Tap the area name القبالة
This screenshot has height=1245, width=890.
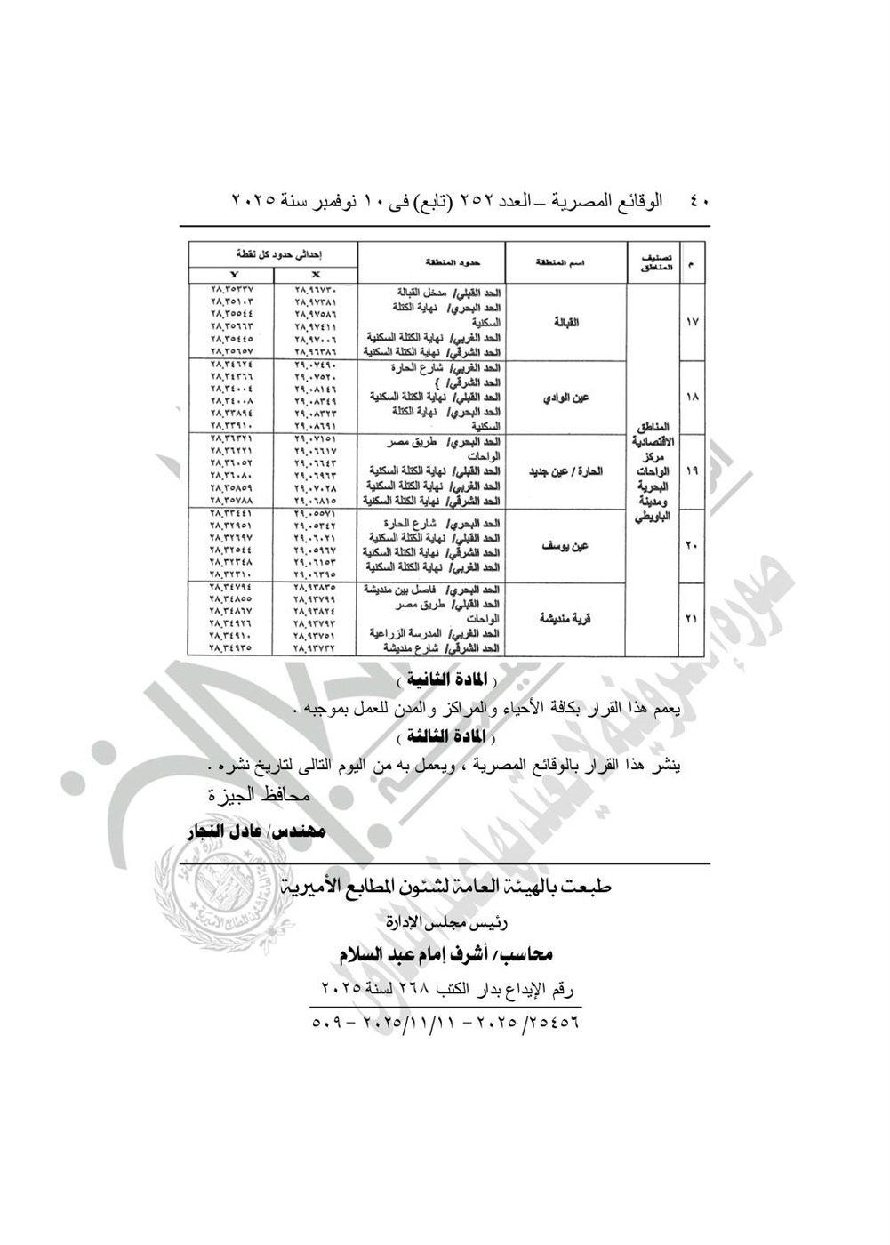(x=566, y=323)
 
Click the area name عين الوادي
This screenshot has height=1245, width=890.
(x=566, y=398)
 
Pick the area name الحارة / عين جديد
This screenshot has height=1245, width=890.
(x=566, y=471)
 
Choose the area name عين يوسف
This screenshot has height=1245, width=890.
(x=566, y=545)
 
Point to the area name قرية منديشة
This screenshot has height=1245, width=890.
(x=566, y=619)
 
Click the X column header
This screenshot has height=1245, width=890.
(x=316, y=275)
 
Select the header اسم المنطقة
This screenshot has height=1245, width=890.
(x=566, y=263)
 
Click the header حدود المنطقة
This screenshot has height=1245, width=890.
(x=432, y=263)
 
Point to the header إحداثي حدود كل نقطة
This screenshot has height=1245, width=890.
(x=273, y=253)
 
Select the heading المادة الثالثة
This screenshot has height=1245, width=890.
(x=445, y=737)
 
